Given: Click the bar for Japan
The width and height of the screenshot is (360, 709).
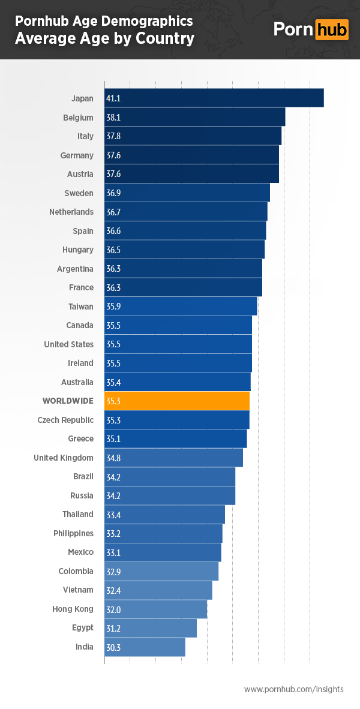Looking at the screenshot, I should point(214,98).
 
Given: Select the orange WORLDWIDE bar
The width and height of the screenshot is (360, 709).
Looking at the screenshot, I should point(177,401).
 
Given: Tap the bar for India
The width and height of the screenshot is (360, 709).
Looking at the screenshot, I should point(145,647).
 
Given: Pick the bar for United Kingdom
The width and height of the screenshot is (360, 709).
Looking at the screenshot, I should point(173,458).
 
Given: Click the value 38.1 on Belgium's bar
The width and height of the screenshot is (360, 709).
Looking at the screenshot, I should point(113,118).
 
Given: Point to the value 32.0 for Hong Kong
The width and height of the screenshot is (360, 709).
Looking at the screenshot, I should point(113,609).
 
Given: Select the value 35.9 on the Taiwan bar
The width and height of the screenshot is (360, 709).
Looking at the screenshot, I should point(113,307).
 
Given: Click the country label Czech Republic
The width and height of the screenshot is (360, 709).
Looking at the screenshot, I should point(65,420).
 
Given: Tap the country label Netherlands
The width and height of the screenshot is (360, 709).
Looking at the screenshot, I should point(71,212).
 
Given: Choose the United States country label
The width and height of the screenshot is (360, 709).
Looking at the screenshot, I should point(68,344).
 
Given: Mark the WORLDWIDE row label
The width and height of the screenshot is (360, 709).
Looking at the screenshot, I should point(68,401).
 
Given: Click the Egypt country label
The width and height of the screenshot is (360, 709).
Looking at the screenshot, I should point(82,627).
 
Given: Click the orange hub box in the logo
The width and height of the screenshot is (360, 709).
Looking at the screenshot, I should point(331,29).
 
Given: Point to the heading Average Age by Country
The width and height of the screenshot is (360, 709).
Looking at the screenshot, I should point(104,39).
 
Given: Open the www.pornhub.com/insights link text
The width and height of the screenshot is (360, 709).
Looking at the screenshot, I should point(293,689).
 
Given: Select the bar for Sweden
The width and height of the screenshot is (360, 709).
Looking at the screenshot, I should point(187,193).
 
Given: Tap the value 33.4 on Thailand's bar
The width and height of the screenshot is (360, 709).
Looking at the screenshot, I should point(113,515).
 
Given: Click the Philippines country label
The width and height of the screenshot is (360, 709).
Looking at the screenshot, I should point(73,533).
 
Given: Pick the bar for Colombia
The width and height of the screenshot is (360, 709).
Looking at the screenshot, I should point(161,571).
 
